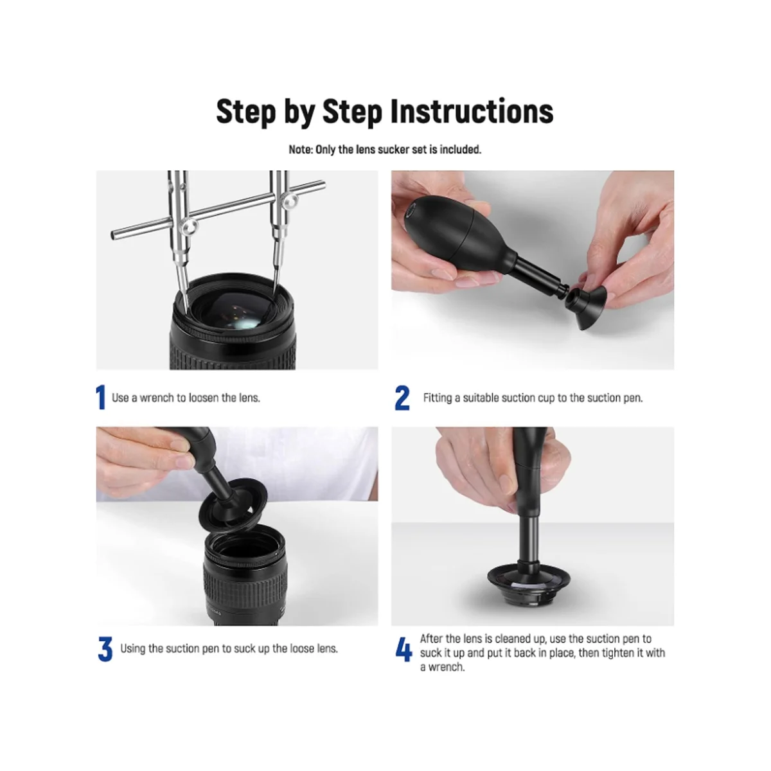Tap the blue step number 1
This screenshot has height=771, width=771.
click(x=101, y=397)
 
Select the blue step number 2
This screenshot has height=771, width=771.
click(x=402, y=398)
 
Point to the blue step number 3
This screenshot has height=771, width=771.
click(x=105, y=649)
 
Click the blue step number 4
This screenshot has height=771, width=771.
click(x=403, y=649)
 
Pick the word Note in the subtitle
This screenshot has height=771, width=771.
click(x=300, y=150)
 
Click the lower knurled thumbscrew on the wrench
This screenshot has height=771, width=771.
click(x=188, y=227)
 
